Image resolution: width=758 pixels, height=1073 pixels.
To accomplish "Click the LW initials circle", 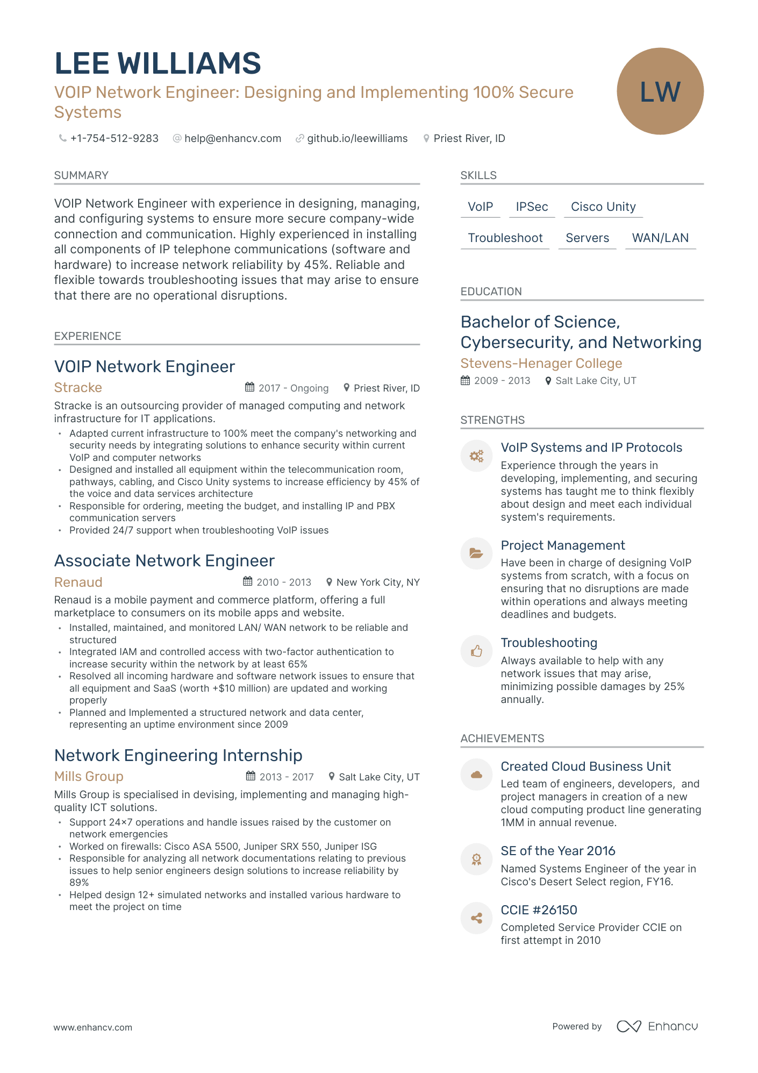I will (660, 91).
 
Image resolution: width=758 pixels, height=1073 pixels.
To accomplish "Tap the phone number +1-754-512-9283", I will (114, 138).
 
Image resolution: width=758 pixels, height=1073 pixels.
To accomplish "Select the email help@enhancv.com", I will (232, 138).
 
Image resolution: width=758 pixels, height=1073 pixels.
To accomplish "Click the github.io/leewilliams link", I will (357, 138).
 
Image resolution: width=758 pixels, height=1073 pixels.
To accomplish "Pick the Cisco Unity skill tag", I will (603, 207).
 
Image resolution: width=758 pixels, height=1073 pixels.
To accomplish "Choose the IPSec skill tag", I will (532, 207).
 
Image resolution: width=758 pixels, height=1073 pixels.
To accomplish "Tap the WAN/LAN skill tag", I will (660, 238).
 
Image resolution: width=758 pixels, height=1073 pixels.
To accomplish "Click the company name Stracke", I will (78, 388).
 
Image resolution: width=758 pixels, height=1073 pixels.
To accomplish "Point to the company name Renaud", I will (78, 582).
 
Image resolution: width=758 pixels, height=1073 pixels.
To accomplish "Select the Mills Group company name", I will (89, 777).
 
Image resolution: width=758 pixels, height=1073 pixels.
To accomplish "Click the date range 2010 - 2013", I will (284, 582).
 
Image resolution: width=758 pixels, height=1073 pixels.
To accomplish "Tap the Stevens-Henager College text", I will (541, 364).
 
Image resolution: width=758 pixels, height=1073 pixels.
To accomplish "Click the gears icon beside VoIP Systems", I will (476, 456).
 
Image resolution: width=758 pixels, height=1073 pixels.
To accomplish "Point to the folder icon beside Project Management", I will (476, 553).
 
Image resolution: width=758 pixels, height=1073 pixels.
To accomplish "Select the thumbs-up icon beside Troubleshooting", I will (476, 651).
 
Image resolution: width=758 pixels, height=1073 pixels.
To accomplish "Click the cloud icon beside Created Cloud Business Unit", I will (476, 774).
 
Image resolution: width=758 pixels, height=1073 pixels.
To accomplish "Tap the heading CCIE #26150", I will (539, 910).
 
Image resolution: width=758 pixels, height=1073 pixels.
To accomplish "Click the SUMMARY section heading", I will (81, 175).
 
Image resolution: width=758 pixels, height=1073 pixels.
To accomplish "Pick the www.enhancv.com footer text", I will (92, 1027).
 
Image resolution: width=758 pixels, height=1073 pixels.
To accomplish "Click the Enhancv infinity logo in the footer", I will (628, 1026).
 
